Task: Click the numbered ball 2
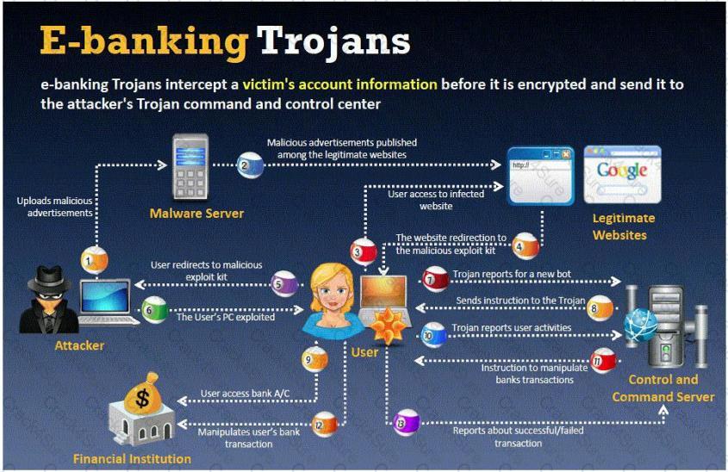[250, 165]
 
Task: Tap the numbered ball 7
[435, 279]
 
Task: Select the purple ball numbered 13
[407, 422]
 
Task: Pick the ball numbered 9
[314, 359]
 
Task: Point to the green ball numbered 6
[154, 309]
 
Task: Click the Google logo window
[622, 175]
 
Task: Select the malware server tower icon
[190, 167]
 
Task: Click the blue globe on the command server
[641, 325]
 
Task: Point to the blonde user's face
[332, 292]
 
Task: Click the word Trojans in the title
[333, 41]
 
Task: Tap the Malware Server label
[196, 214]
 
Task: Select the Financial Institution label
[133, 459]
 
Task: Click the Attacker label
[79, 345]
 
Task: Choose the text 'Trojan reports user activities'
[512, 327]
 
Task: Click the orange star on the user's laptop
[388, 326]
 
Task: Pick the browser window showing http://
[540, 176]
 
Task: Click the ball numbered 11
[603, 360]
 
